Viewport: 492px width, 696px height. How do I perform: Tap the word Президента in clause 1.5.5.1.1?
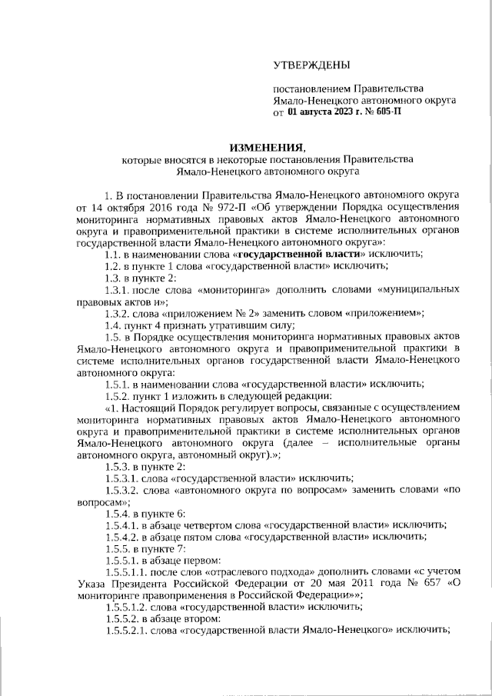[x=138, y=584]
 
